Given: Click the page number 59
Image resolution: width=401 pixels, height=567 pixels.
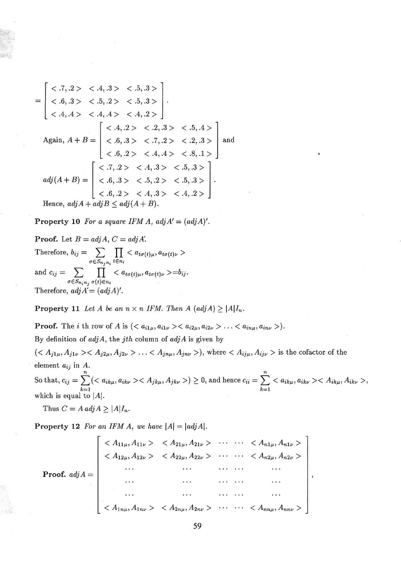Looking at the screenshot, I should (x=200, y=525).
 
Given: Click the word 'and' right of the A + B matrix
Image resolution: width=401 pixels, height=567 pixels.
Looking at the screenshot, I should (x=228, y=140).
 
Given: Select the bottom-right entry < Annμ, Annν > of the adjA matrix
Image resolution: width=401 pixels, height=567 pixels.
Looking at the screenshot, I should (x=275, y=509).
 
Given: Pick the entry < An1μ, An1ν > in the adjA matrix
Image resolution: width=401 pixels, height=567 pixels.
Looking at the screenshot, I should (x=275, y=444).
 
